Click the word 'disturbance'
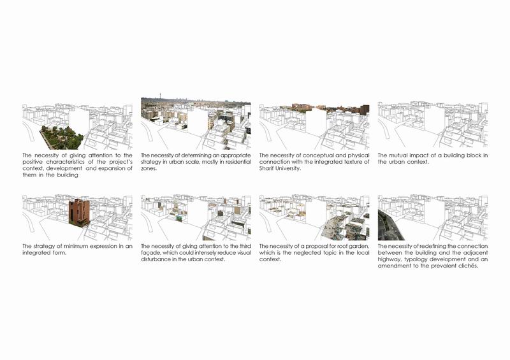click(x=157, y=259)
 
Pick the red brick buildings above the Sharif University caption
click(x=331, y=108)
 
